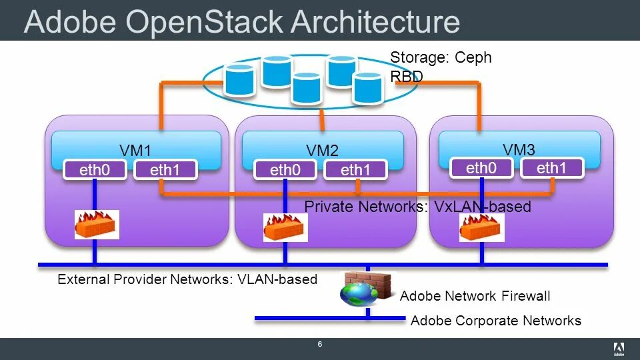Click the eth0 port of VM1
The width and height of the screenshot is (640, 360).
tap(95, 170)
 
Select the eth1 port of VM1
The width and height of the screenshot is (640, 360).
tap(165, 170)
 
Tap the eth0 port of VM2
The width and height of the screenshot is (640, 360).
tap(285, 170)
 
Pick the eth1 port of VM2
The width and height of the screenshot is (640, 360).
tap(355, 170)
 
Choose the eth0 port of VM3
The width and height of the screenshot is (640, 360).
tap(481, 168)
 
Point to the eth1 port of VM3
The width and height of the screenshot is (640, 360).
tap(552, 168)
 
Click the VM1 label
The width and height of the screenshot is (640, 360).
tap(135, 150)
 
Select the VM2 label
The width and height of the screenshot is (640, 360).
tap(323, 150)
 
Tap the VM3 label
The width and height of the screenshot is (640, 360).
tap(519, 149)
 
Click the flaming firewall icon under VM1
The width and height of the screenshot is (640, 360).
tap(97, 225)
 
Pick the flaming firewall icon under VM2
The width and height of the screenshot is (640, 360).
tap(285, 227)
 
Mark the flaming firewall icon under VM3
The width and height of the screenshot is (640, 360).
tap(481, 227)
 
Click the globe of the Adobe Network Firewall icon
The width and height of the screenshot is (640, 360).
tap(359, 294)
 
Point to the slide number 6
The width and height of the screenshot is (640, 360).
tap(320, 344)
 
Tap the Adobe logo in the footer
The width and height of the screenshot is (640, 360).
tap(619, 349)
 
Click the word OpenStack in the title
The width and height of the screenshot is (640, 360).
tap(204, 22)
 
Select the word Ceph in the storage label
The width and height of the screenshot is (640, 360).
tap(473, 58)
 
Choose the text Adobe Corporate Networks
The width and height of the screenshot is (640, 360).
tap(495, 321)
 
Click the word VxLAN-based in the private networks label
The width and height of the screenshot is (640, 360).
tap(482, 207)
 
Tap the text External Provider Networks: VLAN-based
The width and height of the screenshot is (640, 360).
tap(187, 279)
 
